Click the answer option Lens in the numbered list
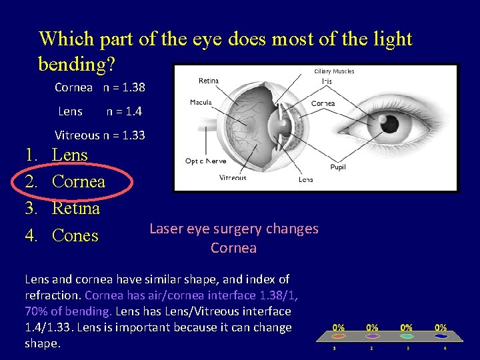(69, 155)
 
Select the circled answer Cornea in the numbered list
(78, 181)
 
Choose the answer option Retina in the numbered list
(75, 209)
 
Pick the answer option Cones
(75, 235)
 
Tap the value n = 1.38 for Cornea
(124, 87)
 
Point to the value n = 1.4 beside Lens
(124, 111)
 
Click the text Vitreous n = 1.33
(99, 135)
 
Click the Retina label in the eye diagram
(209, 81)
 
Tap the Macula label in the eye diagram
(201, 102)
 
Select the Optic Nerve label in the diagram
(205, 161)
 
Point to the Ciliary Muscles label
(334, 71)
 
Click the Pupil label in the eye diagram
(338, 167)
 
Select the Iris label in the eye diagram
(327, 81)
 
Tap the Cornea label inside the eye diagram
(323, 103)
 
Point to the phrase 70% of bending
(64, 311)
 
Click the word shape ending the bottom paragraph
(41, 343)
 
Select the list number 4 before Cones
(30, 235)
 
